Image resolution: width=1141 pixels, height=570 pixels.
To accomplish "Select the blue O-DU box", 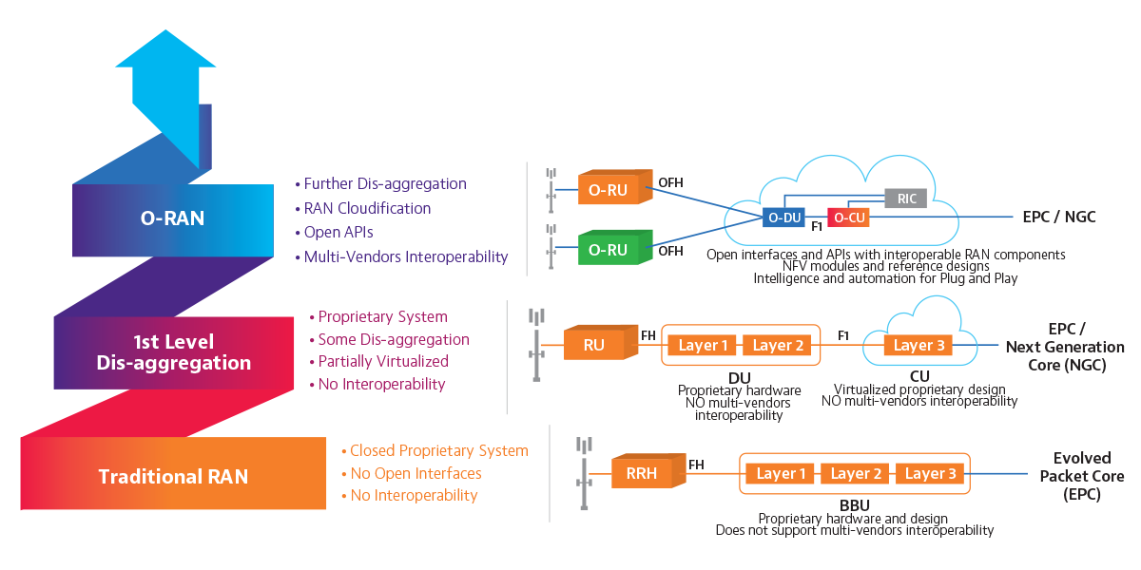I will pos(783,218).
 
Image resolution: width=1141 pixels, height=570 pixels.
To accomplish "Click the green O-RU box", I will pos(609,250).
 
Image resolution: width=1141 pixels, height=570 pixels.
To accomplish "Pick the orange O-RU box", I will pos(609,189).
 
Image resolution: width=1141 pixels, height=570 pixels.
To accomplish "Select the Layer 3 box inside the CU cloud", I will pos(919,345).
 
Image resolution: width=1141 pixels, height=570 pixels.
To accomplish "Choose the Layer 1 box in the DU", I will pos(704,345).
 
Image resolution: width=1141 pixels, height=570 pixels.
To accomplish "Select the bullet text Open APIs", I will pos(338,232).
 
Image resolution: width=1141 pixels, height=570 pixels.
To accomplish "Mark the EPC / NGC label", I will pos(1058,218).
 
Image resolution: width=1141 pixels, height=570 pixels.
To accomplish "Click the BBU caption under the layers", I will pos(854,504).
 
